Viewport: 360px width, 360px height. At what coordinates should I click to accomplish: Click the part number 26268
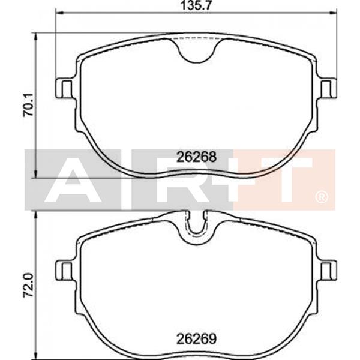(196, 157)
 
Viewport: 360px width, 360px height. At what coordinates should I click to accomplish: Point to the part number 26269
(196, 338)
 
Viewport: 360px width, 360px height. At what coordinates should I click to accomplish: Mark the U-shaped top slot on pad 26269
(196, 226)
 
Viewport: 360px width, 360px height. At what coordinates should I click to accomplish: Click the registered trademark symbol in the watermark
(322, 197)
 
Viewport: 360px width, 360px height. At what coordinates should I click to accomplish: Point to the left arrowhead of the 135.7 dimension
(58, 11)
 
